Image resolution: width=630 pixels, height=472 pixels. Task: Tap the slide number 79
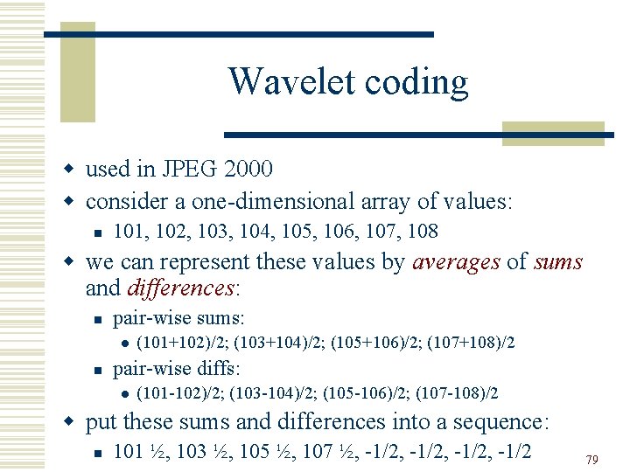tap(592, 459)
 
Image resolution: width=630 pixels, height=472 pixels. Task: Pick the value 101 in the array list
tap(129, 231)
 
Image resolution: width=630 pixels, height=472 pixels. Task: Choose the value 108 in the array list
tap(423, 231)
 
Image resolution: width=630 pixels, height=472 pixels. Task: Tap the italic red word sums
tap(558, 262)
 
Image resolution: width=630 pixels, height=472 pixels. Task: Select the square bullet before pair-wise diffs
tap(98, 368)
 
